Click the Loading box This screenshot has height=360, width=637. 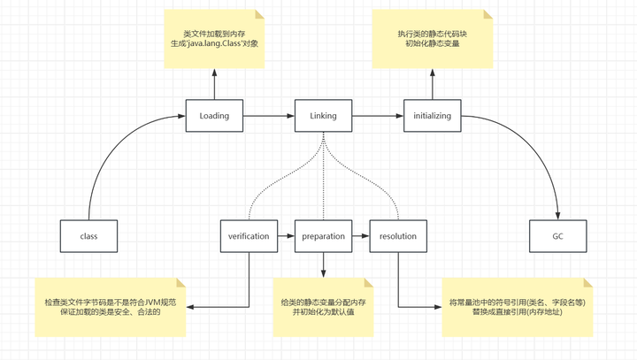point(214,116)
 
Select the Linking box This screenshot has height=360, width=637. point(323,116)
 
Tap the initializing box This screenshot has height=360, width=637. point(432,116)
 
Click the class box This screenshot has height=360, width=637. point(88,236)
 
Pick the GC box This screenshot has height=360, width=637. point(557,236)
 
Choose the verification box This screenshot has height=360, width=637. point(249,236)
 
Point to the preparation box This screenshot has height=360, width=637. point(323,236)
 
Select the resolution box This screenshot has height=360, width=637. point(398,236)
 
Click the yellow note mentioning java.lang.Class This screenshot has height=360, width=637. point(214,40)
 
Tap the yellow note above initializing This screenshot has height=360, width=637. point(432,40)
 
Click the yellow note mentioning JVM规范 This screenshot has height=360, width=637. point(111,307)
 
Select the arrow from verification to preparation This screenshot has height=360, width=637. point(286,236)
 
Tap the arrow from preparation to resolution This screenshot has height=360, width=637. point(360,236)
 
